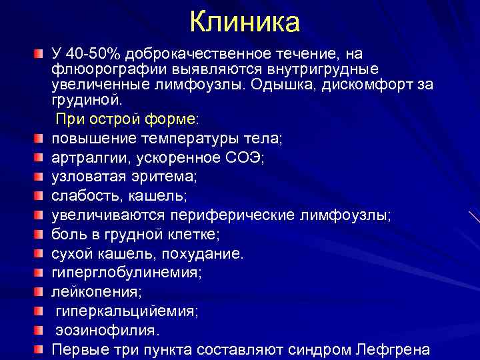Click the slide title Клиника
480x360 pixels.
tap(245, 22)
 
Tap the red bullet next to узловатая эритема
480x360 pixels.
tap(39, 177)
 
